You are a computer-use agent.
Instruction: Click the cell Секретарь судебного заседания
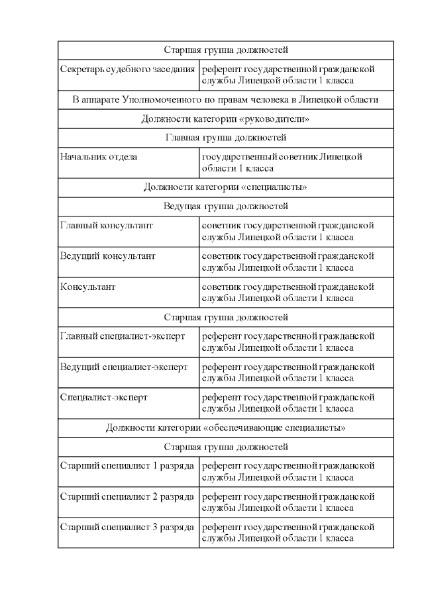pos(127,69)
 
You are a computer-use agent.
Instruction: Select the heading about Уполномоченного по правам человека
pos(225,100)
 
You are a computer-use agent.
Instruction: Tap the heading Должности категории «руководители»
pos(225,119)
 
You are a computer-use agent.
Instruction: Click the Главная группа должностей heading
pos(225,138)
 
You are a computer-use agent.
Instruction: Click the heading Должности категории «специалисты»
pos(225,187)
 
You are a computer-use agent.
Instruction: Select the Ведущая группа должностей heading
pos(225,207)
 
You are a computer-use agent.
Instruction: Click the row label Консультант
pos(88,287)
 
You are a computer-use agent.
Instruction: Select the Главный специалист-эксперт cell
pos(123,336)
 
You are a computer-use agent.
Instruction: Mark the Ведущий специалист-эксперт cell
pos(124,367)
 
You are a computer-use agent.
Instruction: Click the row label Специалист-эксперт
pos(104,397)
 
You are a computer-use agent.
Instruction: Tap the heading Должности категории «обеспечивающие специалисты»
pos(225,428)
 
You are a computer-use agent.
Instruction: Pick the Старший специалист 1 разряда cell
pos(127,466)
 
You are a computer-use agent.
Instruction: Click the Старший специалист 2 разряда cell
pos(127,496)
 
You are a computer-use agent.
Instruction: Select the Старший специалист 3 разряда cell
pos(127,527)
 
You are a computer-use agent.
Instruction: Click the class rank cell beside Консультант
pos(288,293)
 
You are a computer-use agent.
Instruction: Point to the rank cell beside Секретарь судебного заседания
pos(288,75)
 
